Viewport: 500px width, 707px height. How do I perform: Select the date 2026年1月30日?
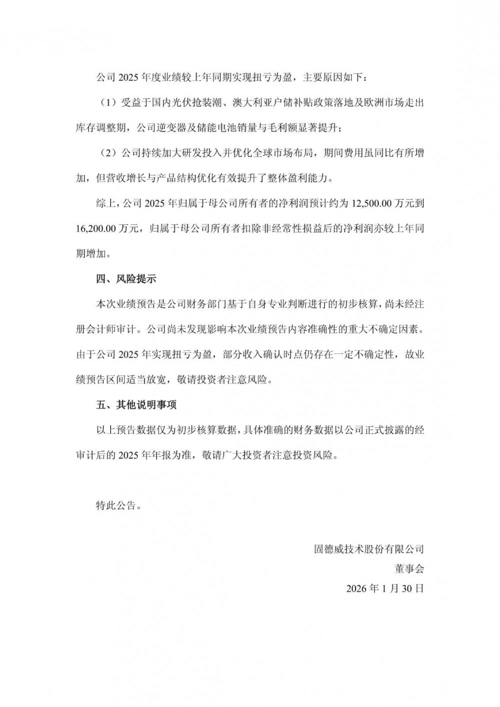385,588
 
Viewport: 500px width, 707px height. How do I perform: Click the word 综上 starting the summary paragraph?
106,203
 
